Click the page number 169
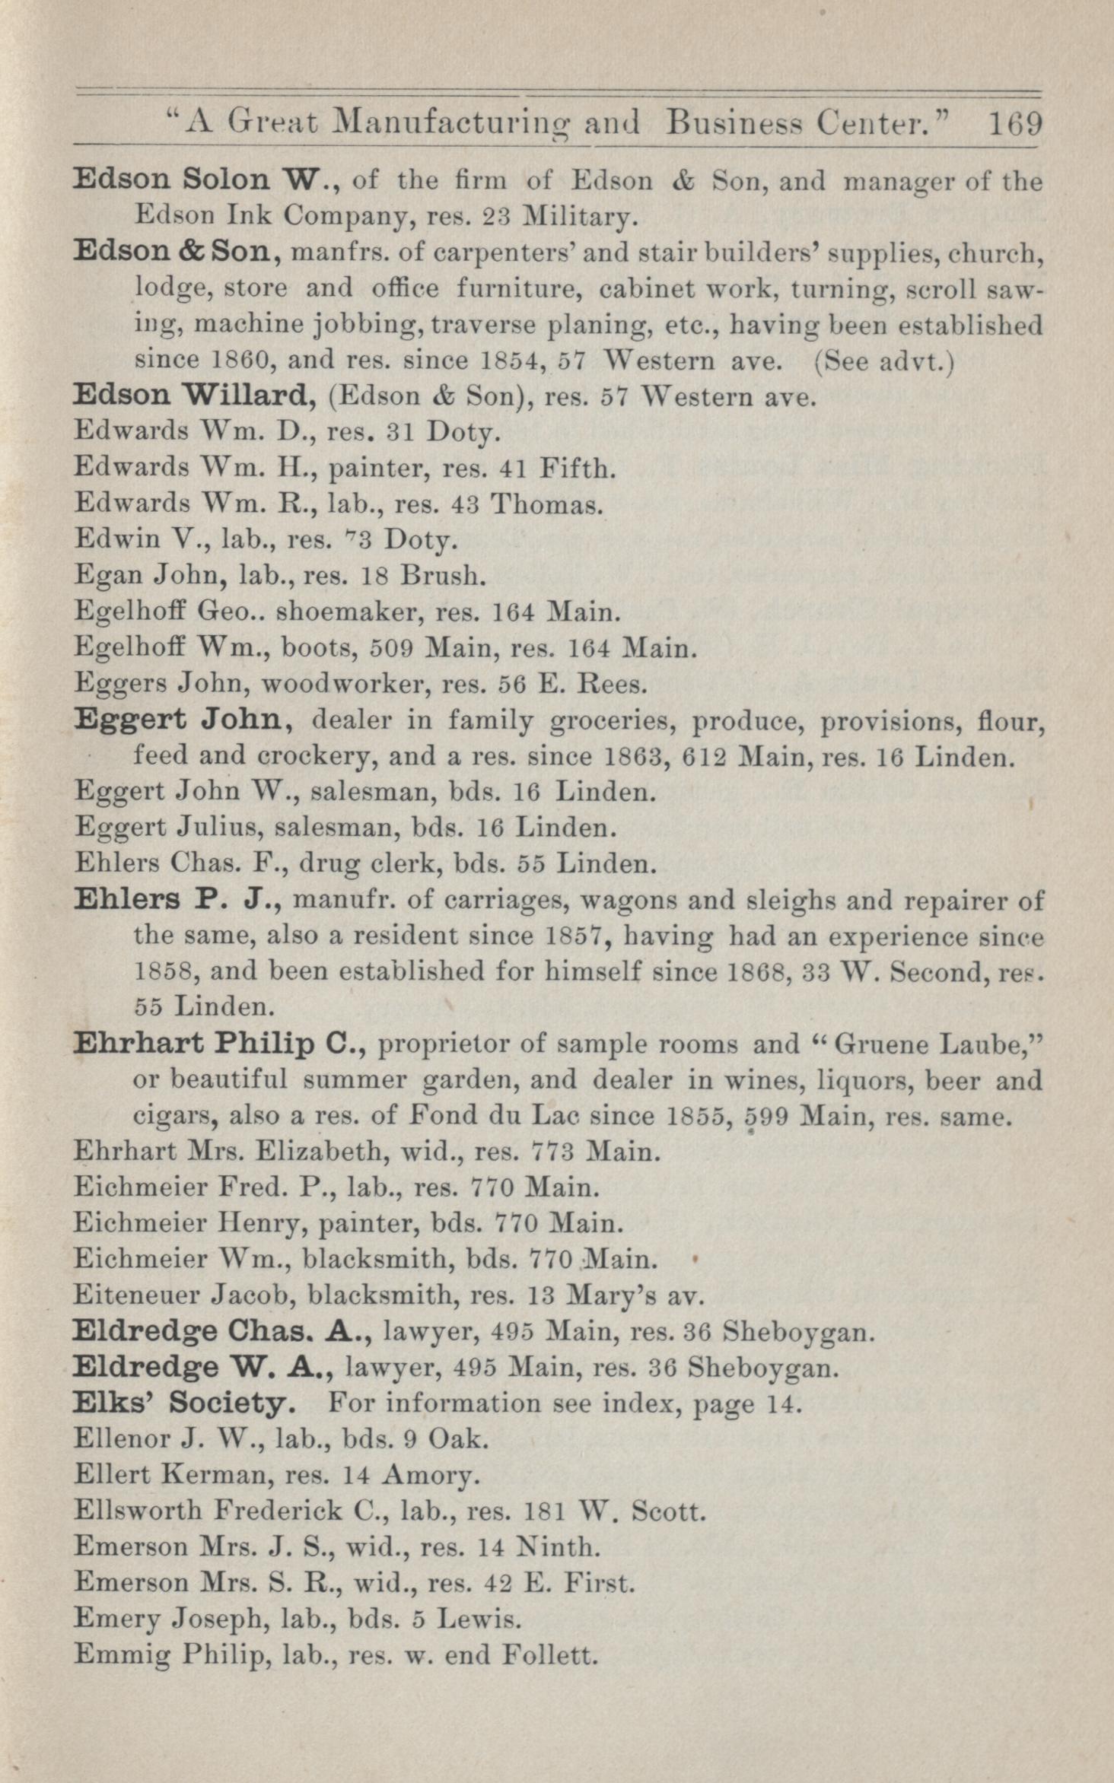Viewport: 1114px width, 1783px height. [1015, 123]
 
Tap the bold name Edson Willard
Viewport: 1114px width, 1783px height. [195, 396]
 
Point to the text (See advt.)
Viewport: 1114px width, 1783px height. [883, 361]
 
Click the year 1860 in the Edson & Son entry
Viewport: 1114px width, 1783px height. [247, 361]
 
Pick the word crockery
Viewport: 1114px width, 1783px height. [317, 757]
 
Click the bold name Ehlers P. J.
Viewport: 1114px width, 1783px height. [178, 901]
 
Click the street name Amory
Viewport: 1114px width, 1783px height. [429, 1476]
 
